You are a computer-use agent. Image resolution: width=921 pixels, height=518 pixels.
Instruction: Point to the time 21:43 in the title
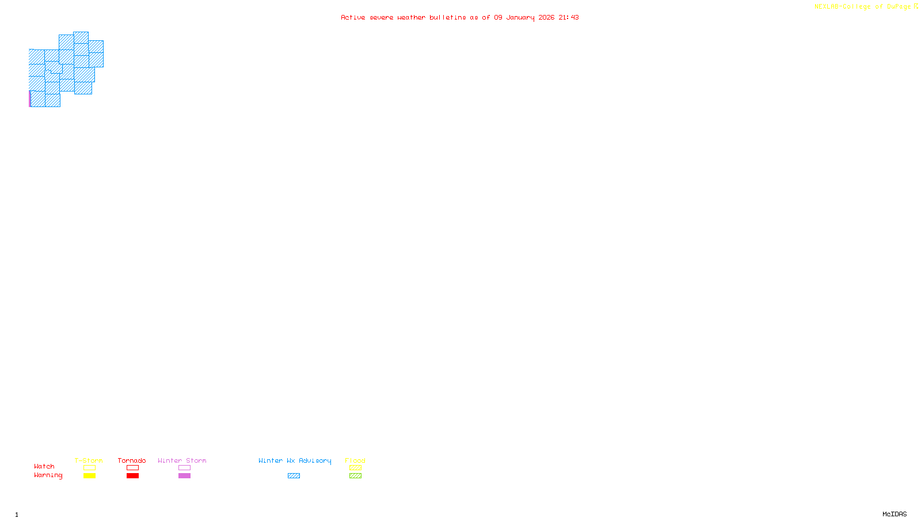[568, 17]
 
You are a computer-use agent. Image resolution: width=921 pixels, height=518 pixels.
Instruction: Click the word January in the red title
[520, 17]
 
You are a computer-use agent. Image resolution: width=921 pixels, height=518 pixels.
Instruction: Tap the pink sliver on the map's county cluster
[30, 99]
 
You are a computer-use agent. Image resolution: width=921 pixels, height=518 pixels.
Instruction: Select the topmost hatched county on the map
[81, 37]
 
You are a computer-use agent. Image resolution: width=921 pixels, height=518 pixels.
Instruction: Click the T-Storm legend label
[89, 460]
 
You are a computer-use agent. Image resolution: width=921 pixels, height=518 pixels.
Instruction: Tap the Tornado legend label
[132, 460]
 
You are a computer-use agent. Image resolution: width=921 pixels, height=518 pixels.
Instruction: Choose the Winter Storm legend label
[182, 460]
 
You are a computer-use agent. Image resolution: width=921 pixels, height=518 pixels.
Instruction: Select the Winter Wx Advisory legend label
[295, 460]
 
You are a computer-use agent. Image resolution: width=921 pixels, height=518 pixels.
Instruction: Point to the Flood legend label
[355, 460]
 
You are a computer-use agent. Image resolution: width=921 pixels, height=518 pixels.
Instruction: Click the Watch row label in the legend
[44, 466]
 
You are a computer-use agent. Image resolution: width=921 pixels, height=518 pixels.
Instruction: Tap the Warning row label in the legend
[48, 475]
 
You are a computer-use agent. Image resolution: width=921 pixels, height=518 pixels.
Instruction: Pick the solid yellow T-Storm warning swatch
[89, 476]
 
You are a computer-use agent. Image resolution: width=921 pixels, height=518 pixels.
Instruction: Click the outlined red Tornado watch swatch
[132, 468]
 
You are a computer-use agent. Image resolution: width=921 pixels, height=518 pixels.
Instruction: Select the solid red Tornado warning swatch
[132, 476]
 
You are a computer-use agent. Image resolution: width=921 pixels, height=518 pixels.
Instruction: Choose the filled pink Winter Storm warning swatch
[184, 476]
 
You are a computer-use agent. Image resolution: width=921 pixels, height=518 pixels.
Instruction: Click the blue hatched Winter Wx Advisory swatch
[294, 476]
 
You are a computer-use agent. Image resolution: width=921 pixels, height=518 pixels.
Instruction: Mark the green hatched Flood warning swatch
[355, 476]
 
